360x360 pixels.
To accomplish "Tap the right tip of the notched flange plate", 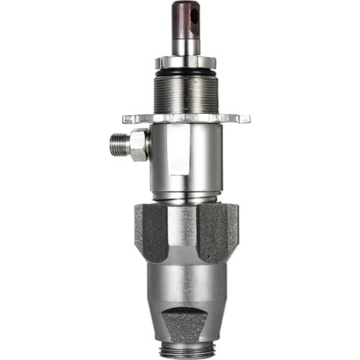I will click(247, 117).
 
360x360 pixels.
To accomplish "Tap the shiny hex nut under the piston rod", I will click(185, 61).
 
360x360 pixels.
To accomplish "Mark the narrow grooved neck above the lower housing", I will click(185, 197).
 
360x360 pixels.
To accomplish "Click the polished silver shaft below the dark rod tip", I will click(185, 45).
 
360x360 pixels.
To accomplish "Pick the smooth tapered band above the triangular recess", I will click(185, 284).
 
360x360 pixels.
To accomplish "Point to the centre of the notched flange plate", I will click(186, 117).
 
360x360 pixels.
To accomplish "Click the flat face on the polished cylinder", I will click(174, 155).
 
